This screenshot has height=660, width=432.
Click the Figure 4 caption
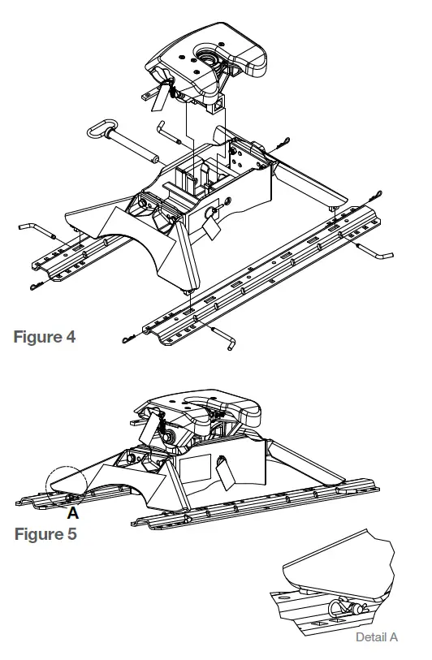click(45, 336)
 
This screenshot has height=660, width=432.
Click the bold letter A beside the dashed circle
click(72, 515)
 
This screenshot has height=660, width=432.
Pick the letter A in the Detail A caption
click(393, 637)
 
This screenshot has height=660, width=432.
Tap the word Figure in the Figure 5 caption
click(37, 536)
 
